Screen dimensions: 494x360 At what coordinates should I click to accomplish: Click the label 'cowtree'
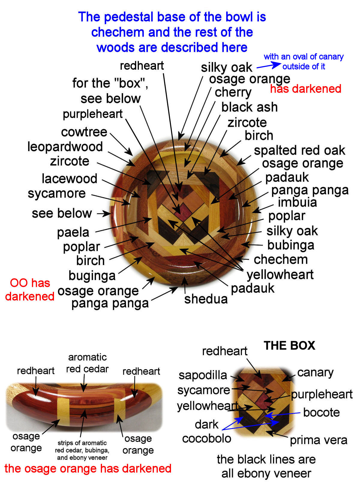click(x=84, y=132)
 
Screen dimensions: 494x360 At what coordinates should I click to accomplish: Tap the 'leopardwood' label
click(x=65, y=147)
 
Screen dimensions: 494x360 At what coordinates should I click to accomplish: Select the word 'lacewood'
click(x=69, y=179)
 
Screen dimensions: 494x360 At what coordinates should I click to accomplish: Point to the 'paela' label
click(x=73, y=232)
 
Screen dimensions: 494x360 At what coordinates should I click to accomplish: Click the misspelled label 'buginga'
click(x=92, y=275)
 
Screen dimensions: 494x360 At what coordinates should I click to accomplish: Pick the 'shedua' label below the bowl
click(x=206, y=299)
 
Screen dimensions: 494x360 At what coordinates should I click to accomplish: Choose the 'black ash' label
click(x=249, y=107)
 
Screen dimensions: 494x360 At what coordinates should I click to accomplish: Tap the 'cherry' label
click(x=233, y=92)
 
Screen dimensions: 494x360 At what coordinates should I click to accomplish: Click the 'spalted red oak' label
click(x=299, y=150)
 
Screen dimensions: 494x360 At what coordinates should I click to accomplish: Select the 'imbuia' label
click(x=297, y=202)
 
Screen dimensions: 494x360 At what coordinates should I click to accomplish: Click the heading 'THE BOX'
click(x=289, y=346)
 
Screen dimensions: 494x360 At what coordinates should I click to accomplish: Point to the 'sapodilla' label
click(x=203, y=375)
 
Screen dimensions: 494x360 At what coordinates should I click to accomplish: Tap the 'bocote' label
click(x=321, y=412)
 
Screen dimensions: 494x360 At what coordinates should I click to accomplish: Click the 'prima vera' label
click(x=318, y=440)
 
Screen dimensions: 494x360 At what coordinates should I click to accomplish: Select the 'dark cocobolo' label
click(x=207, y=432)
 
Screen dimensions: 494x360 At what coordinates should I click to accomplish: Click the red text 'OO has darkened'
click(x=30, y=290)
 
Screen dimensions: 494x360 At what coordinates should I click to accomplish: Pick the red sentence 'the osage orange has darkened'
click(x=88, y=469)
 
